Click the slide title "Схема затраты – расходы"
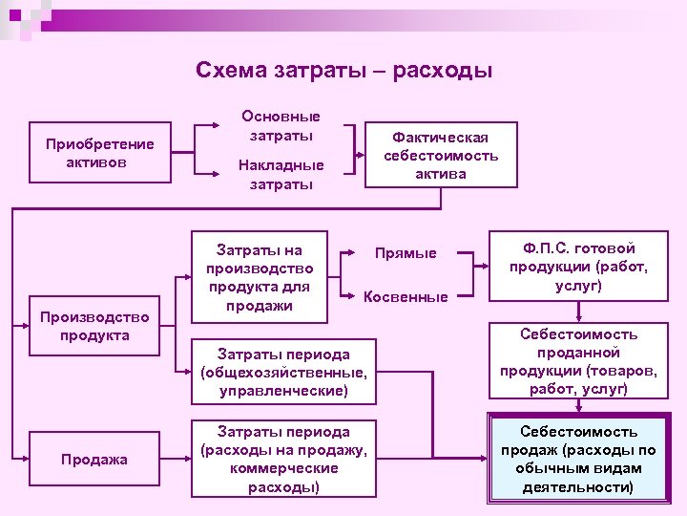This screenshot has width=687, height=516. [343, 71]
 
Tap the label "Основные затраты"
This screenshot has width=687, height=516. [281, 125]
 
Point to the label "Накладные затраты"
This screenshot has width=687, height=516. [281, 174]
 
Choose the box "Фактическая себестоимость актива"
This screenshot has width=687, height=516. [440, 154]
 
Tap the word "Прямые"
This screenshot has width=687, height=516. [406, 253]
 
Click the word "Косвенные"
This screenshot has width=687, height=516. [406, 297]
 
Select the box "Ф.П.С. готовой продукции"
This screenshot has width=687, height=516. [578, 267]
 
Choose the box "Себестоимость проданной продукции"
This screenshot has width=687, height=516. [578, 361]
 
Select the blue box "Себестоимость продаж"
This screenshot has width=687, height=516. [578, 460]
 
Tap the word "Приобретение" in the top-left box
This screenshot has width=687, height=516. [99, 144]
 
